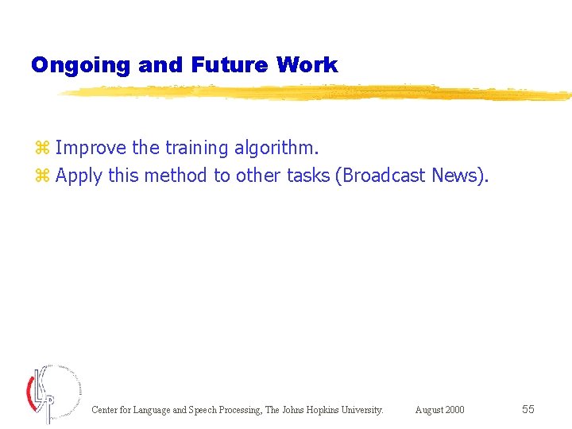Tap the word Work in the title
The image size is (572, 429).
tap(307, 65)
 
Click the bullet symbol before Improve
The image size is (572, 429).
tap(42, 149)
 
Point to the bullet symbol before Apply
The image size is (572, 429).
tap(42, 176)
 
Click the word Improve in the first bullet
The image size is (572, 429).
tap(91, 149)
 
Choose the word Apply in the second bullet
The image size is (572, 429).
tap(79, 176)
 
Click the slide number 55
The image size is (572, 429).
tap(528, 409)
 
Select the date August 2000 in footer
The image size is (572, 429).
tap(439, 410)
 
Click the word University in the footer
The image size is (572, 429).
tap(362, 410)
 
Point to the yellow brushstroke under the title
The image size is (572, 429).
tap(318, 92)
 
